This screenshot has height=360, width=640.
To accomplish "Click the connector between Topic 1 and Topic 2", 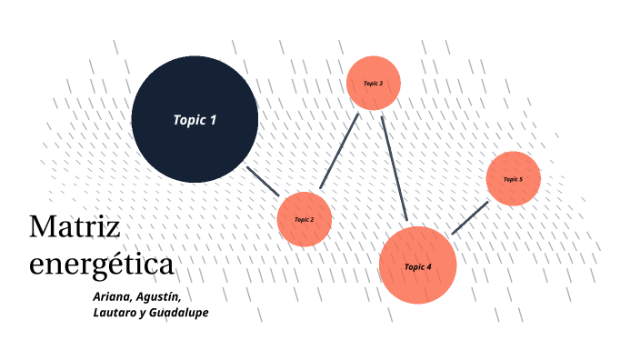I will (x=264, y=181).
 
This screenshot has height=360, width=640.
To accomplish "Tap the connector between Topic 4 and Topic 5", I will (x=470, y=218).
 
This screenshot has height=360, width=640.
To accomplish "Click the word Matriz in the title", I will (x=75, y=227).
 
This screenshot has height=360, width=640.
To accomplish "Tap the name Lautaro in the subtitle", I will (x=115, y=314).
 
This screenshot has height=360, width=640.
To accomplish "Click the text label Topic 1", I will (x=195, y=119).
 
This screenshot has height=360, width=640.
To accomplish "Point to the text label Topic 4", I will (x=417, y=266).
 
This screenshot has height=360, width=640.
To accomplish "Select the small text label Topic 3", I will (x=374, y=84).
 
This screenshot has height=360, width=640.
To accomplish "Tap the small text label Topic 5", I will (x=514, y=179).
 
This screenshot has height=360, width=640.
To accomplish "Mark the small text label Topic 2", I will (x=304, y=220).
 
